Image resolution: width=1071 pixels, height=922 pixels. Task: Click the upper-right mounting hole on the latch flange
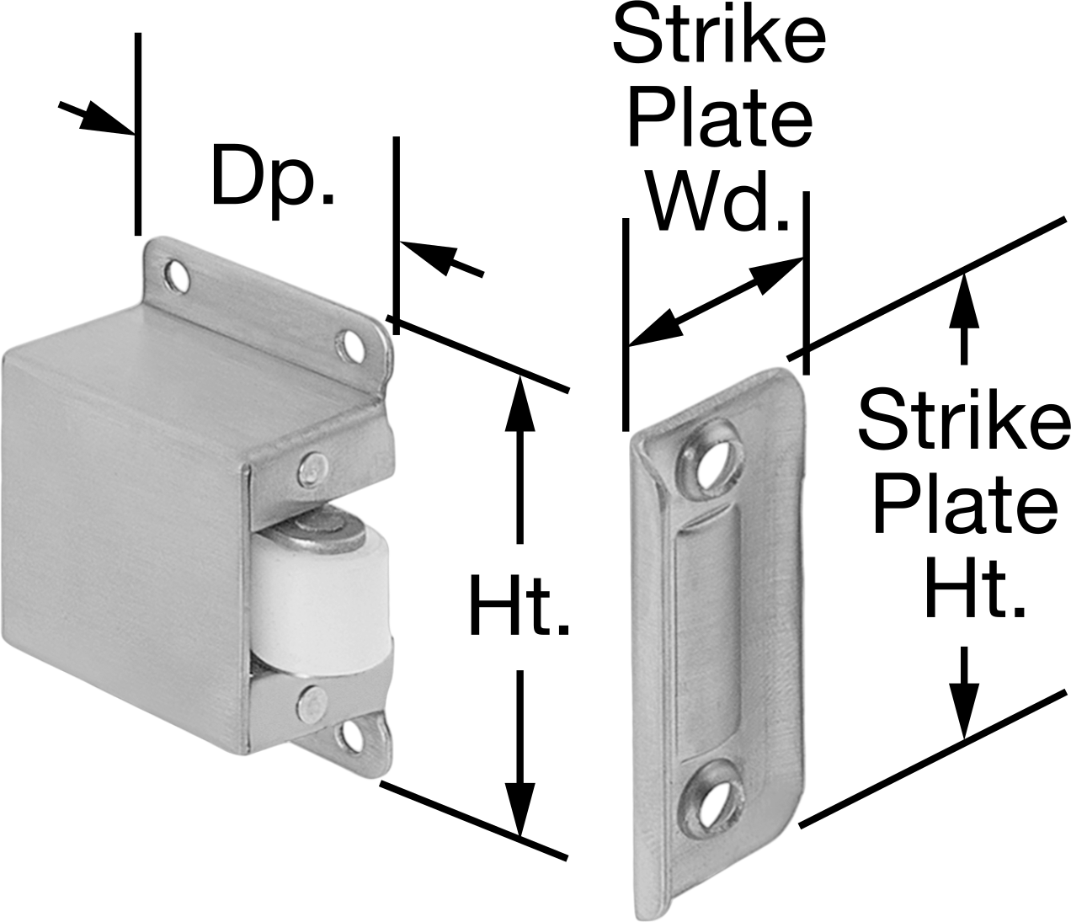[349, 343]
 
